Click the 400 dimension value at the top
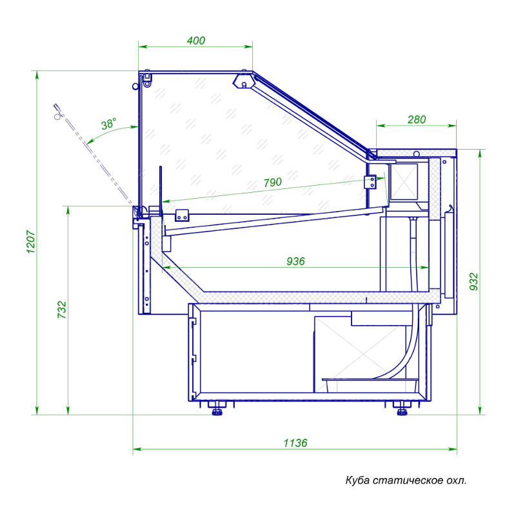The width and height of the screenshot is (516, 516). (196, 41)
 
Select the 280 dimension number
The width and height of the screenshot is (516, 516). (417, 119)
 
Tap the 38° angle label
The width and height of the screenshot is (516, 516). (108, 124)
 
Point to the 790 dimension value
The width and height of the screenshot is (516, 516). (272, 182)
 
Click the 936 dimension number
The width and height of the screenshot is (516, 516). (295, 261)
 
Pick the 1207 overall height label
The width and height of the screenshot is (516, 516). (30, 242)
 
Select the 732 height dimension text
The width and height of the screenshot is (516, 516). (62, 310)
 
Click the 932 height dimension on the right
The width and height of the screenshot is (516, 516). (473, 282)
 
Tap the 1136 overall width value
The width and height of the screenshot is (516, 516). (295, 443)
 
